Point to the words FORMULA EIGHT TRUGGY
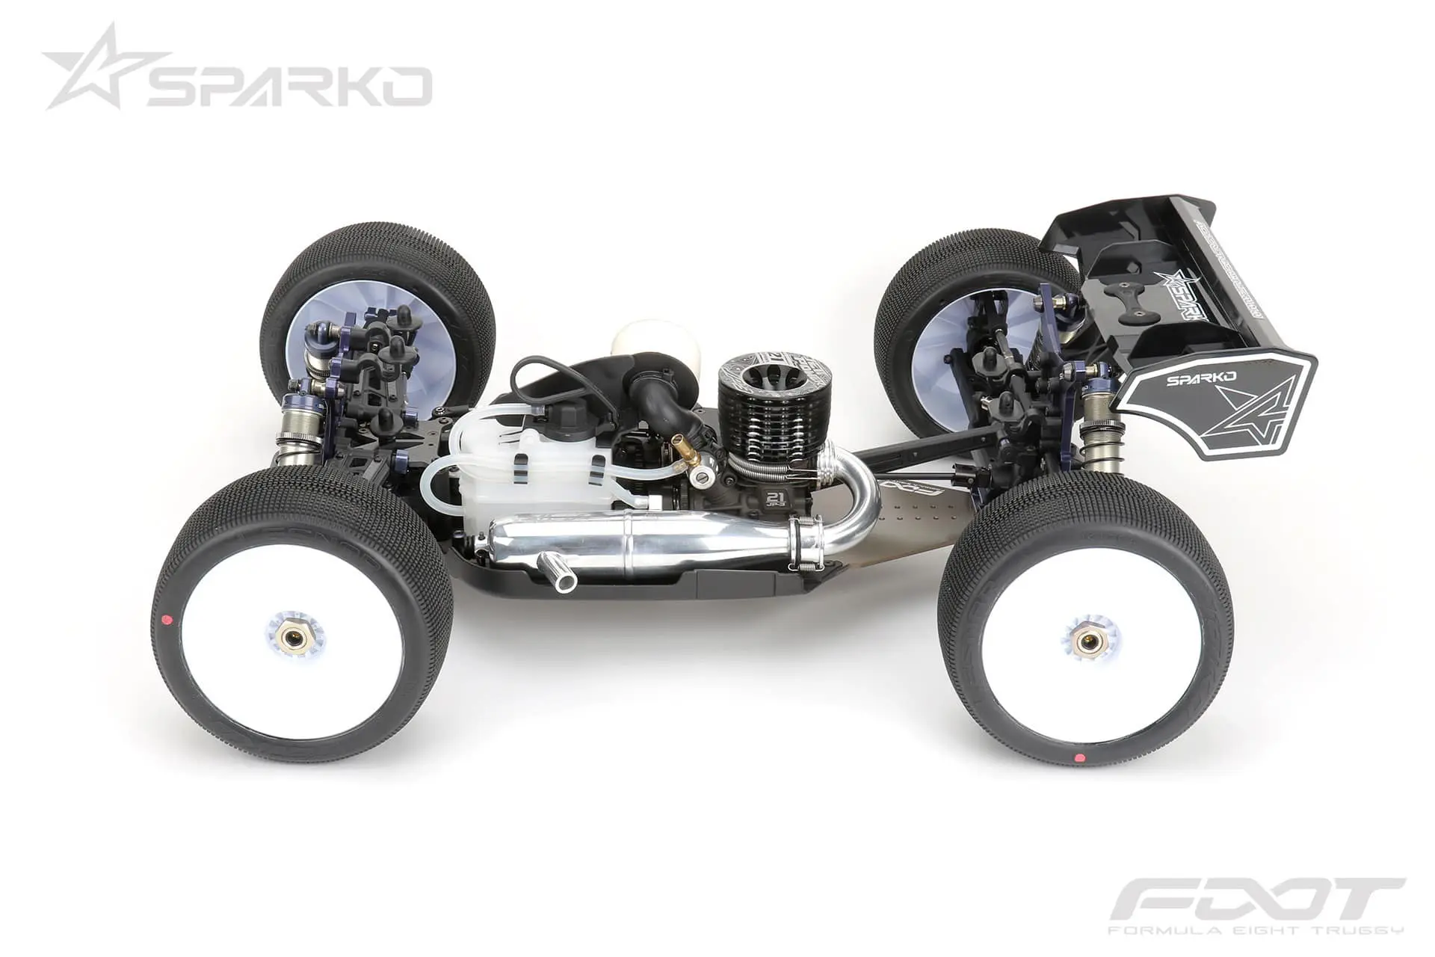(x=1256, y=930)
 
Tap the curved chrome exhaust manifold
(x=856, y=493)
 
